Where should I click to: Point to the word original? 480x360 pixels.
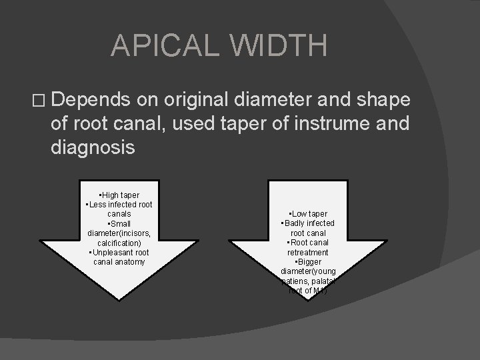199,100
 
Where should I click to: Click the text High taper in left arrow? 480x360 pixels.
119,195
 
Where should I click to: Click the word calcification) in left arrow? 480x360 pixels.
119,243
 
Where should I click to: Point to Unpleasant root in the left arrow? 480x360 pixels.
119,253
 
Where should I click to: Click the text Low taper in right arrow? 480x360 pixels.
308,213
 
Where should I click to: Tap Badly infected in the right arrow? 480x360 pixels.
308,223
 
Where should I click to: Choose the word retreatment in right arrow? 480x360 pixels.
307,253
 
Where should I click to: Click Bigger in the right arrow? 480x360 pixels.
308,262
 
